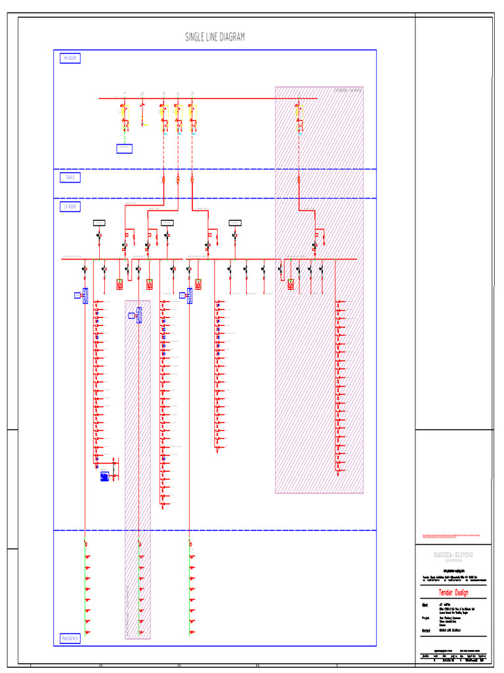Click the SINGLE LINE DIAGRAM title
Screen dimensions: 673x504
coord(215,37)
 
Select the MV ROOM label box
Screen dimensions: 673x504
coord(70,58)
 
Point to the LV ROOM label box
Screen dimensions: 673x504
coord(70,207)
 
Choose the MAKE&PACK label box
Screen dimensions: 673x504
coord(70,638)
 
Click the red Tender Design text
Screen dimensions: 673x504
coord(453,592)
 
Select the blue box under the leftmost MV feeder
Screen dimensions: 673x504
coord(125,149)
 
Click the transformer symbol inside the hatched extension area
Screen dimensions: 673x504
coord(298,179)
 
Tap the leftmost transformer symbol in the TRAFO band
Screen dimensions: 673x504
coord(163,179)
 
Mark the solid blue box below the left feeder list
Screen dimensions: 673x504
coord(104,476)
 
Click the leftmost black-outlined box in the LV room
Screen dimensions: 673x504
coord(100,222)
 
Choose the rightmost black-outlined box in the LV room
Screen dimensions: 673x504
coord(236,222)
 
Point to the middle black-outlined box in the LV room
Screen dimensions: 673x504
coord(167,222)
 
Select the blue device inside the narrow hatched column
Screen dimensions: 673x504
coord(139,317)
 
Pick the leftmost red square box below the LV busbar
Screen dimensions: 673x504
coord(120,285)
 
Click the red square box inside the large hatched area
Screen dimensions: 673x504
coord(290,284)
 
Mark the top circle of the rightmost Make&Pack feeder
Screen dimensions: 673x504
coord(190,544)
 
